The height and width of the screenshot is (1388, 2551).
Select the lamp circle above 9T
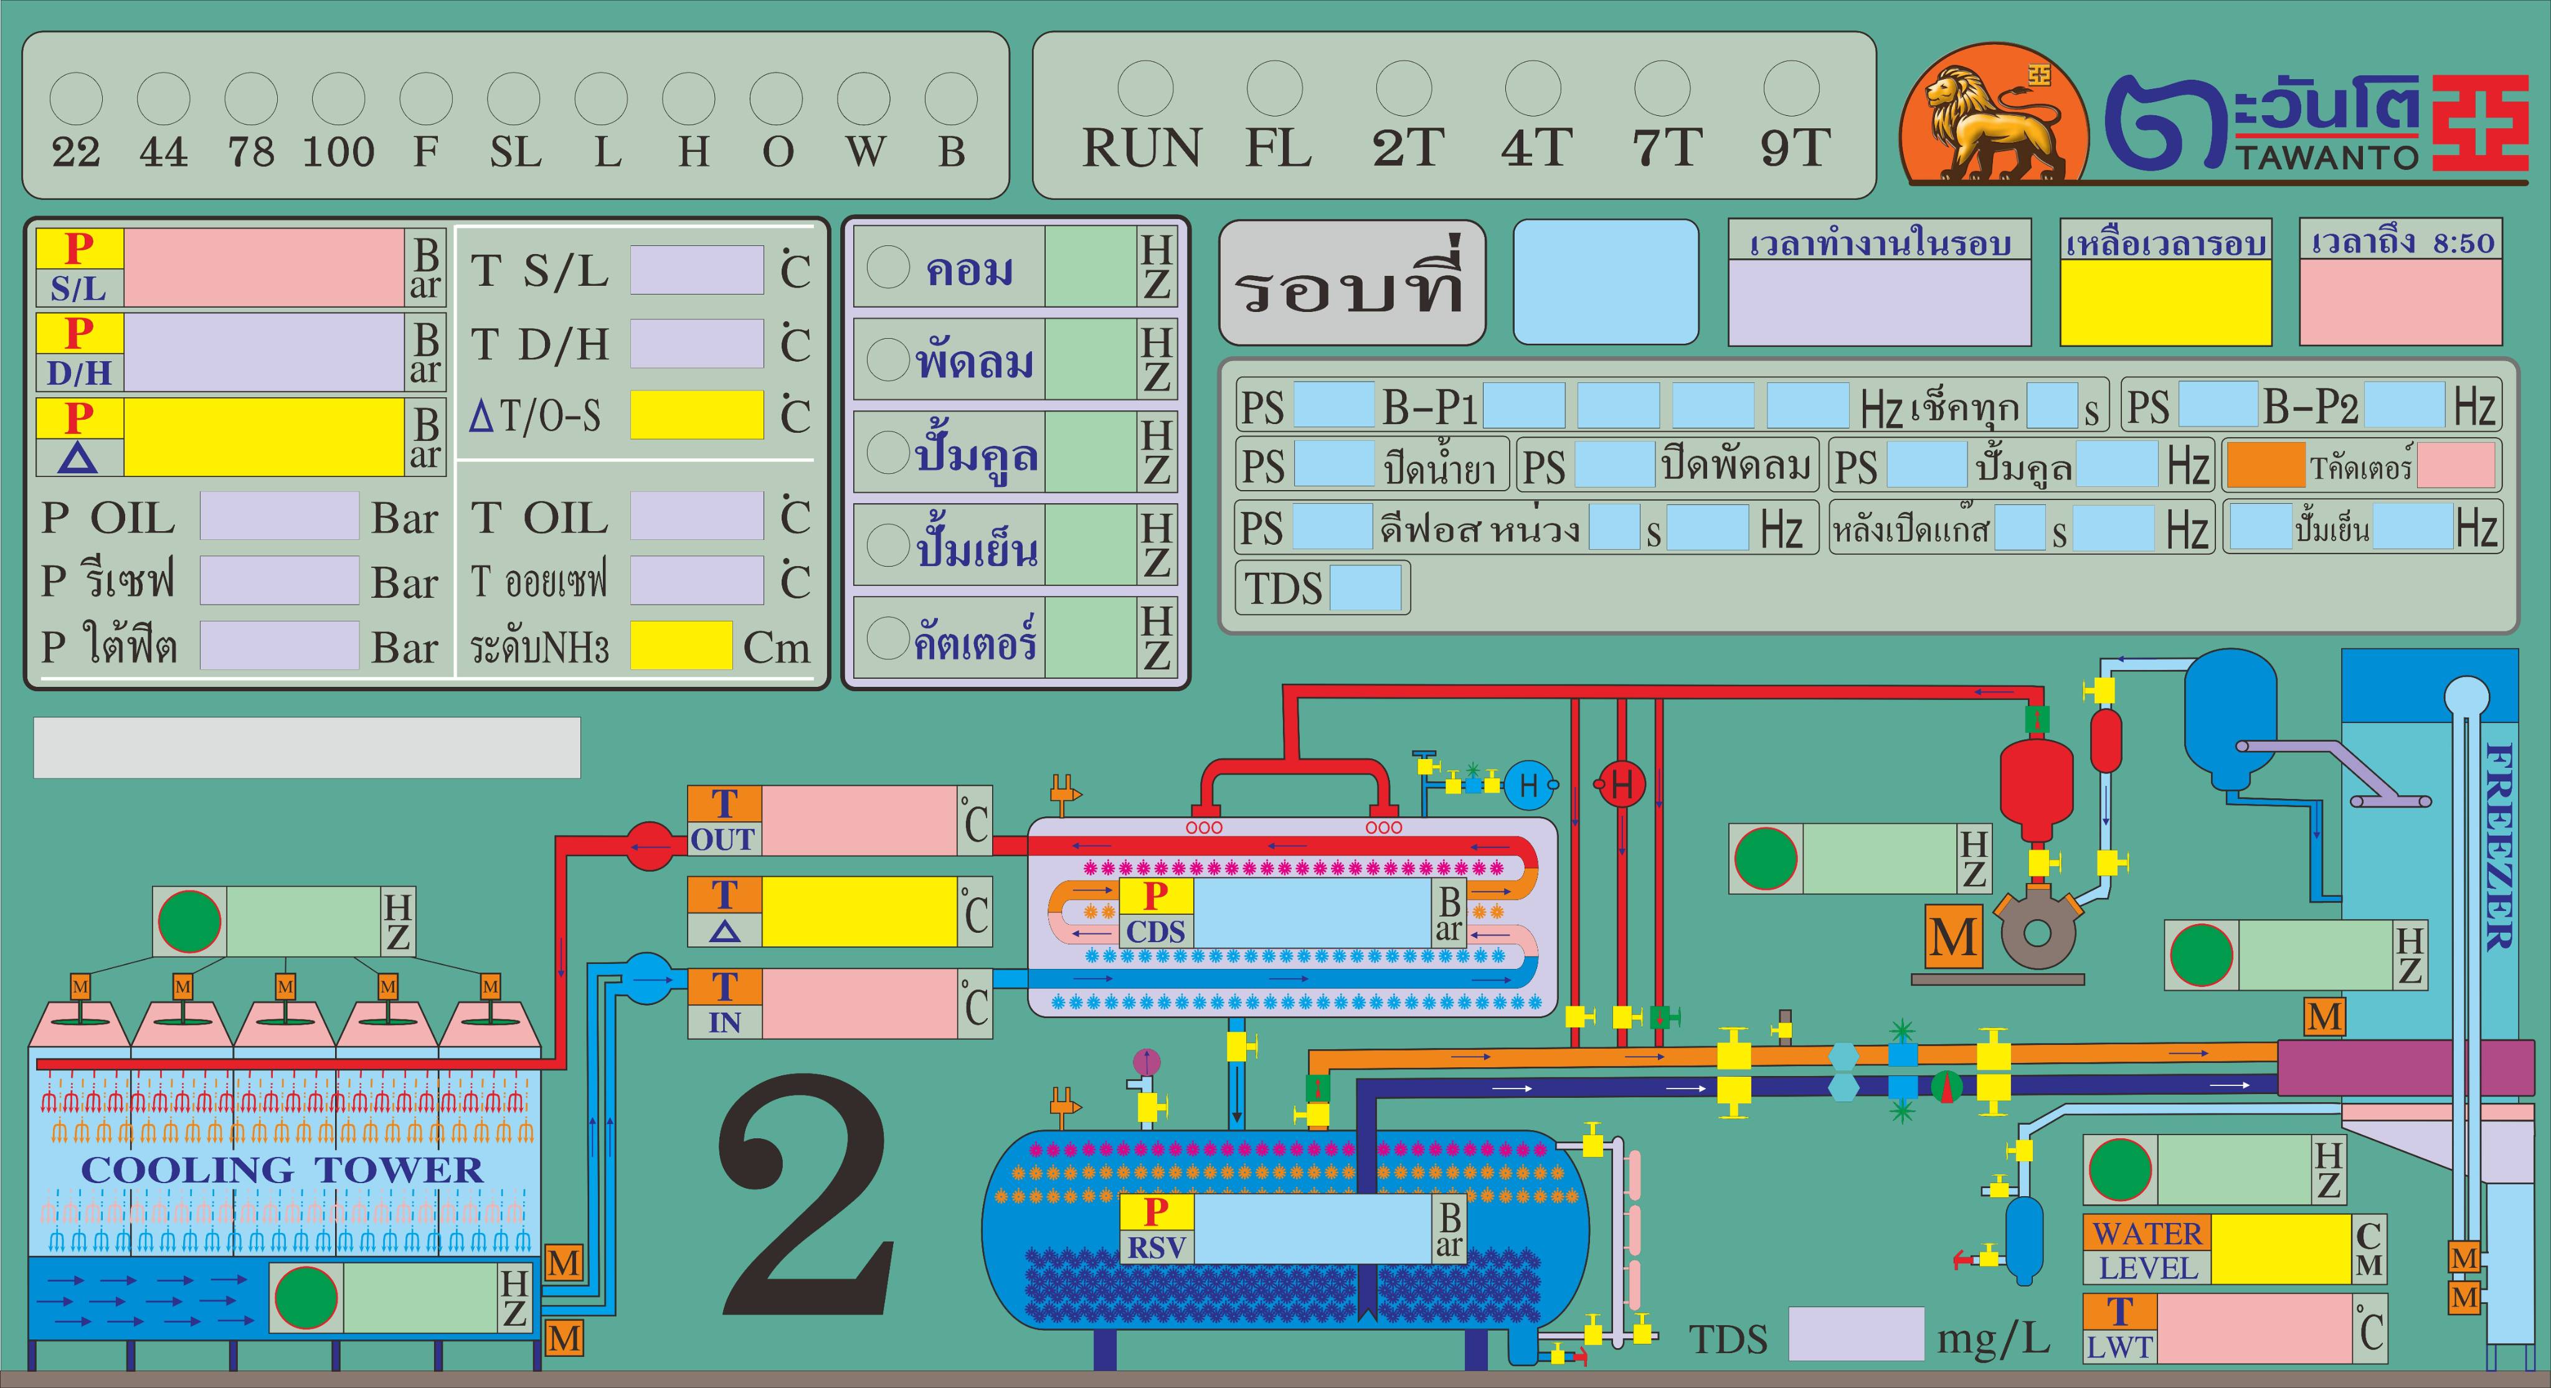tap(1791, 88)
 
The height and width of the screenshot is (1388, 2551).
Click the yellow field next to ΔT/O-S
tap(696, 415)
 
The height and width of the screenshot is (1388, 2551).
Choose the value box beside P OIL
tap(278, 516)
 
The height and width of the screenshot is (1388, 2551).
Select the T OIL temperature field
tap(696, 516)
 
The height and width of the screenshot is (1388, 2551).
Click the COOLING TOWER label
tap(282, 1170)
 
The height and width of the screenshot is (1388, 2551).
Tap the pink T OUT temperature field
tap(859, 821)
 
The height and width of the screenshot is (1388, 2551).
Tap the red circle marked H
tap(1621, 785)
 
